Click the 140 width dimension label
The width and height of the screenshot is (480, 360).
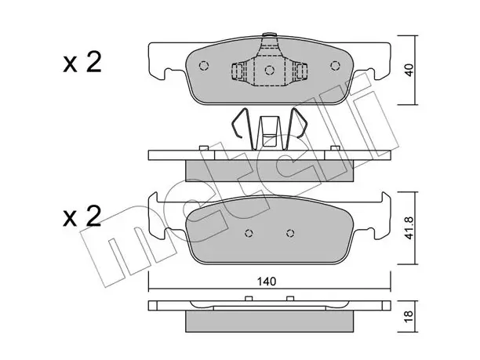267,282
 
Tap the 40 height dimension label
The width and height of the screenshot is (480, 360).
409,70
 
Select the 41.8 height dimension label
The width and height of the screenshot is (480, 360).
409,228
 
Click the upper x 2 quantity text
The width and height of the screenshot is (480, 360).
82,63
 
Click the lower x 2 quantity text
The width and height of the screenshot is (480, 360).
82,216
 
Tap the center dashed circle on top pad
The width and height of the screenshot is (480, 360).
269,70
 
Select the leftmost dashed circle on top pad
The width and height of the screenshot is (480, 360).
204,66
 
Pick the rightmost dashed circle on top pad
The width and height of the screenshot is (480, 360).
336,66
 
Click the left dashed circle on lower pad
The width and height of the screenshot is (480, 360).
249,233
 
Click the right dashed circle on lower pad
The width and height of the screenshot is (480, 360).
290,233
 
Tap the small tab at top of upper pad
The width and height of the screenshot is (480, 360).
269,35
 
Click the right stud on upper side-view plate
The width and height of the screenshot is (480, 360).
336,148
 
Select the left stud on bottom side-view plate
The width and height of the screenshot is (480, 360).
249,299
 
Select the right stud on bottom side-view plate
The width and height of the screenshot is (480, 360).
290,299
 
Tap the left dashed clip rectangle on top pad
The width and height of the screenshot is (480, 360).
238,71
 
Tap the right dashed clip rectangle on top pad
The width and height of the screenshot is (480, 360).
301,71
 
